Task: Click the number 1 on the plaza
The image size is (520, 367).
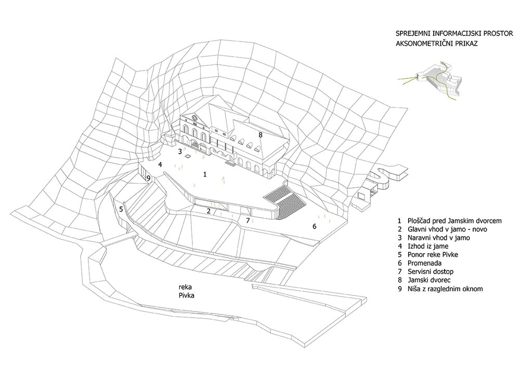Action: coord(205,174)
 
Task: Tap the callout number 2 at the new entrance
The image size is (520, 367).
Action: coord(209,211)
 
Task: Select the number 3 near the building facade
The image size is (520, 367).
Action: coord(180,152)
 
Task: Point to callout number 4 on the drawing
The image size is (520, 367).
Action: coord(160,165)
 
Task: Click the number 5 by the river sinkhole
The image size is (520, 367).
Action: coord(121,209)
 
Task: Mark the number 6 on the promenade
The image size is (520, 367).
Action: coord(315,226)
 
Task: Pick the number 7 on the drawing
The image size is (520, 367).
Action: coord(248,220)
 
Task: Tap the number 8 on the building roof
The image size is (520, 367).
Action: coord(261,134)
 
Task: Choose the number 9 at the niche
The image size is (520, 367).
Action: coord(149,179)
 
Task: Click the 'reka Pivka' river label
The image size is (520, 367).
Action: coord(186,291)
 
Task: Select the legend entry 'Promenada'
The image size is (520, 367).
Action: coord(424,263)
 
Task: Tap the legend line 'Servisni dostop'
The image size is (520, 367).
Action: coord(431,271)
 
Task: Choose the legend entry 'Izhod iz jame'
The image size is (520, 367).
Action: coord(428,246)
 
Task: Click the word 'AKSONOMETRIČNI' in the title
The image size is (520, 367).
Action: coord(422,44)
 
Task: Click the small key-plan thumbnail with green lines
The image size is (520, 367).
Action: coord(431,79)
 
